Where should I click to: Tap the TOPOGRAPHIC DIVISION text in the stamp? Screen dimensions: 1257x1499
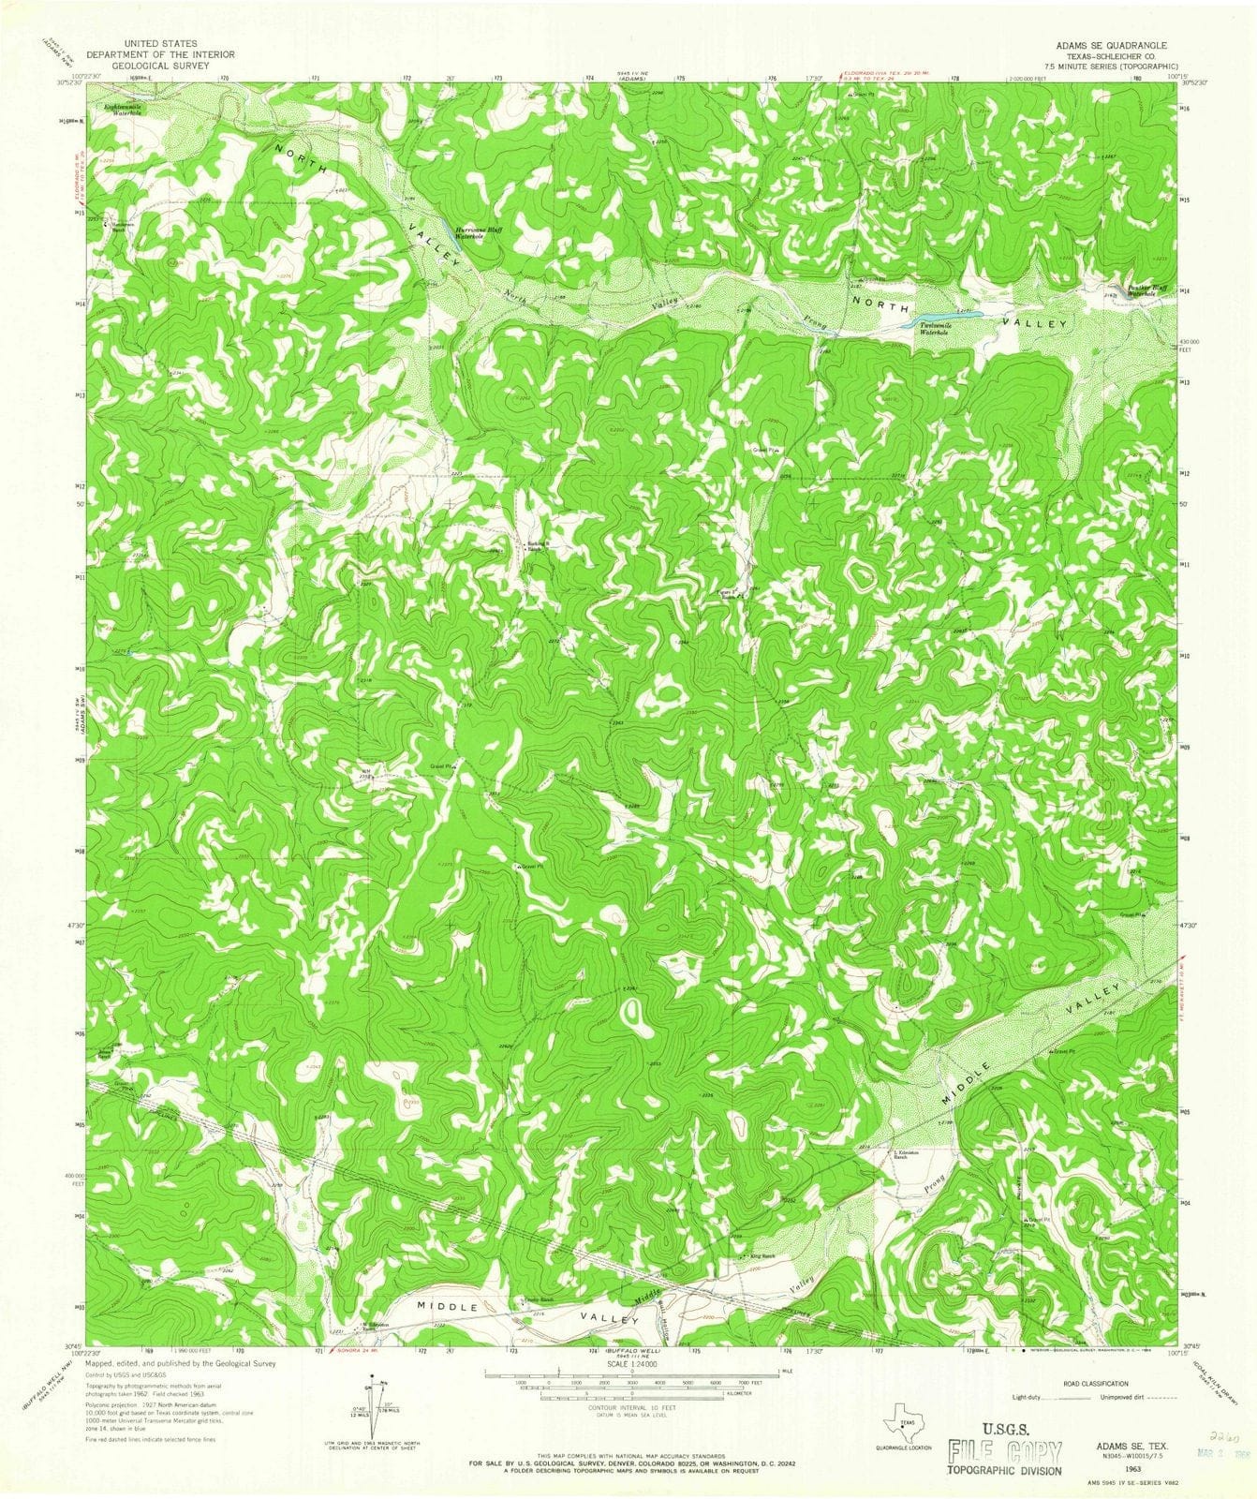(x=1006, y=1470)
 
